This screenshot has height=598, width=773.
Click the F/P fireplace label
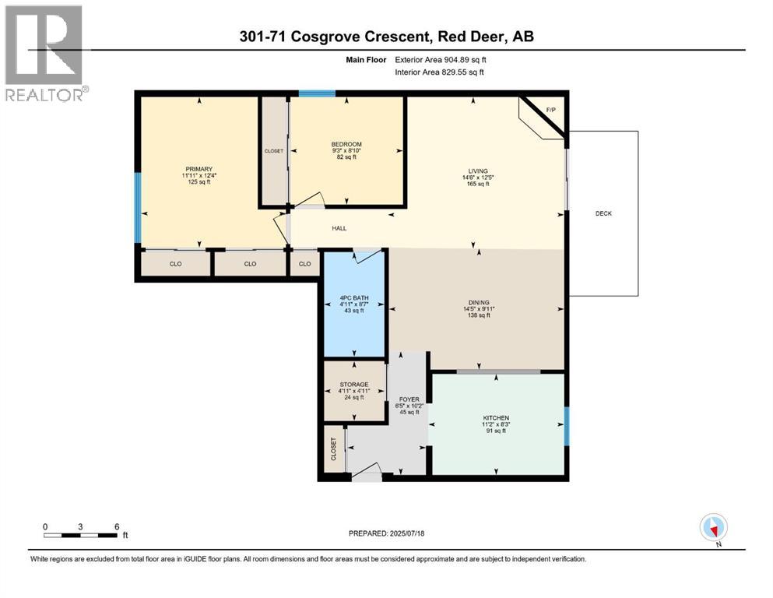551,110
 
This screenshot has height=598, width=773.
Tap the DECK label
603,213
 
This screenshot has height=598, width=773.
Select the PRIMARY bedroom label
199,169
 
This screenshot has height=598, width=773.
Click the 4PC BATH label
354,297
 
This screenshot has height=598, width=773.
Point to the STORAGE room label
354,385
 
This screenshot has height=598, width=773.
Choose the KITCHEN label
496,417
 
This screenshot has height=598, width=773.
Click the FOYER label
409,399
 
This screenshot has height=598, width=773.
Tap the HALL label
339,228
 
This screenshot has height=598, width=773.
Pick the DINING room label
479,303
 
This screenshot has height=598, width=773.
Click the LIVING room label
478,171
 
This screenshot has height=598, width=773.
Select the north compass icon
713,527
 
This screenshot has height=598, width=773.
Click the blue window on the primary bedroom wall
138,208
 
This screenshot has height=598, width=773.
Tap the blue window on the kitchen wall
567,426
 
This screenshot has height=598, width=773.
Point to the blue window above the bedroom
317,93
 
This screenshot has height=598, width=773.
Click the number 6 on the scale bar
117,526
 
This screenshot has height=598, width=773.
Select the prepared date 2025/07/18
406,533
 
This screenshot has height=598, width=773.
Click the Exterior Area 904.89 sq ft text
441,60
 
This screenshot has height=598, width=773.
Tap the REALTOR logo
45,54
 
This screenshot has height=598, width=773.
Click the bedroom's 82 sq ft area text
346,157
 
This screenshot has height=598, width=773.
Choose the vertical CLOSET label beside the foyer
333,449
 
